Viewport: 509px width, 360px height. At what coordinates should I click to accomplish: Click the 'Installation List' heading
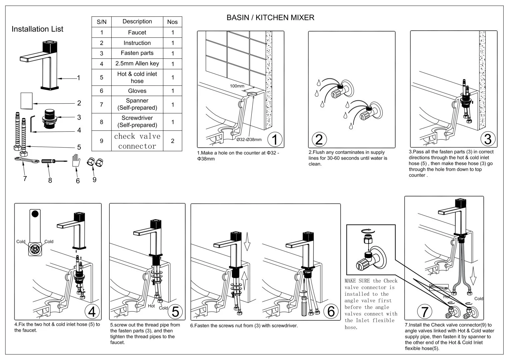(37, 29)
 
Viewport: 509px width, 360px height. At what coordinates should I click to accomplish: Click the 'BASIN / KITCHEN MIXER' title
(270, 18)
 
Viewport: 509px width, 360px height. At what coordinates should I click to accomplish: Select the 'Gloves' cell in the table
(137, 91)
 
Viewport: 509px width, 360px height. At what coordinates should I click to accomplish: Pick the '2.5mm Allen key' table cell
(137, 63)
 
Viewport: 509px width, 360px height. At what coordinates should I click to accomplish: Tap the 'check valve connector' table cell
(137, 141)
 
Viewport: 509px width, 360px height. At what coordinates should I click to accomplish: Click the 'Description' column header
(137, 21)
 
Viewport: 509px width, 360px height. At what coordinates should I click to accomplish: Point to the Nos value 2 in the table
(172, 141)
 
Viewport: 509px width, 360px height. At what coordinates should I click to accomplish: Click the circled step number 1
(275, 139)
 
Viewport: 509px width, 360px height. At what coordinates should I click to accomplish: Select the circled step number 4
(92, 311)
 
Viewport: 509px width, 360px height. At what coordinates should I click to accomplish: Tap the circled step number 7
(424, 312)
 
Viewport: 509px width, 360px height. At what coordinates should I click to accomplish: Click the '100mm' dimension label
(237, 86)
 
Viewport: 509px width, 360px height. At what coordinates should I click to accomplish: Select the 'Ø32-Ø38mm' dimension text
(249, 139)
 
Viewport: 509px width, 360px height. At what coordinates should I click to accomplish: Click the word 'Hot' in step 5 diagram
(151, 306)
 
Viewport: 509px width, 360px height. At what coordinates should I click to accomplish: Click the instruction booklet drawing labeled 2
(26, 101)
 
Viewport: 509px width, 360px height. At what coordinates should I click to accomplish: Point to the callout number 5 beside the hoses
(79, 147)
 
